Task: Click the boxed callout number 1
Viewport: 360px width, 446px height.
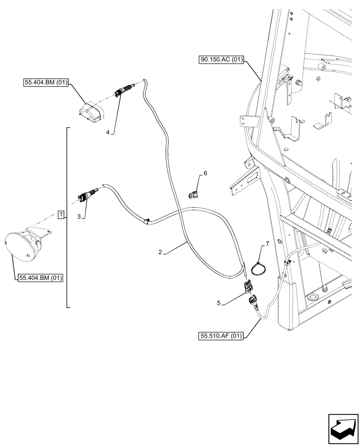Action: coord(61,215)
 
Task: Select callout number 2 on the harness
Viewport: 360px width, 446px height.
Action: coord(160,252)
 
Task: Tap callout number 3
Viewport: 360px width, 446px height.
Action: coord(79,216)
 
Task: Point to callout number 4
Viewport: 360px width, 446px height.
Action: coord(108,132)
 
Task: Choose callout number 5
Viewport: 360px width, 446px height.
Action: coord(219,303)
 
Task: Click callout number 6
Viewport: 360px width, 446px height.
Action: coord(205,173)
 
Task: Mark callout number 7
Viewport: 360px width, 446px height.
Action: coord(267,244)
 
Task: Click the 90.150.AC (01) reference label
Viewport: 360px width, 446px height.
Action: coord(221,59)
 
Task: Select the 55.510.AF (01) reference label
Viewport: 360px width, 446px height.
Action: coord(221,336)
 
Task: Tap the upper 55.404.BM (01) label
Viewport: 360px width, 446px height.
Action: coord(45,83)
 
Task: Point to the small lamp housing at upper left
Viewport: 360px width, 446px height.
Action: coord(91,112)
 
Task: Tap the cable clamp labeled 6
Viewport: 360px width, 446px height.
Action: coord(193,195)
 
